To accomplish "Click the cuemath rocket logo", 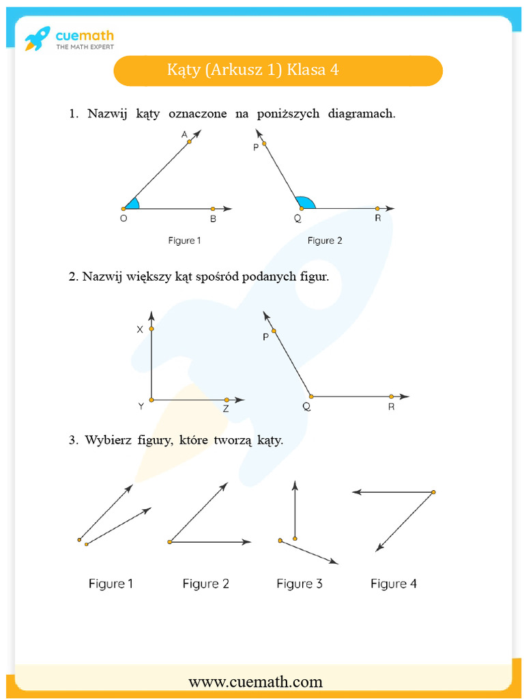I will coord(38,39).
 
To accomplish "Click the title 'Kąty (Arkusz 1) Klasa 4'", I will coord(253,70).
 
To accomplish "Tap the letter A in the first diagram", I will coord(184,135).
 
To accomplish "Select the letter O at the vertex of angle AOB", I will coord(123,219).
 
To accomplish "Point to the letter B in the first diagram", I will coord(213,219).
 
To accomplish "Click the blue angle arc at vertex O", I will coord(133,203).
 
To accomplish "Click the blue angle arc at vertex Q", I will coord(306,202).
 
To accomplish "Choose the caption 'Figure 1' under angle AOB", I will coord(184,240).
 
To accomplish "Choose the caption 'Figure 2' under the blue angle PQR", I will coord(325,240).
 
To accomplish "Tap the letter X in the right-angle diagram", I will coord(140,329).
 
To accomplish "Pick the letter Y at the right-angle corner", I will coord(141,406).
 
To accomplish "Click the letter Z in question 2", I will coord(225,410).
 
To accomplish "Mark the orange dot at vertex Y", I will coord(151,399).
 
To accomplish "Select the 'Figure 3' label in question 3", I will coord(299,584).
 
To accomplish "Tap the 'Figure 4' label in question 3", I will coord(393,584).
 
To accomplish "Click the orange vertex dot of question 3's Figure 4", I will coord(433,491).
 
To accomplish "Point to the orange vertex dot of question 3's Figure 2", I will coord(169,542).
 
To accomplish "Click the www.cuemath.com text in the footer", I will coord(255,681).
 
